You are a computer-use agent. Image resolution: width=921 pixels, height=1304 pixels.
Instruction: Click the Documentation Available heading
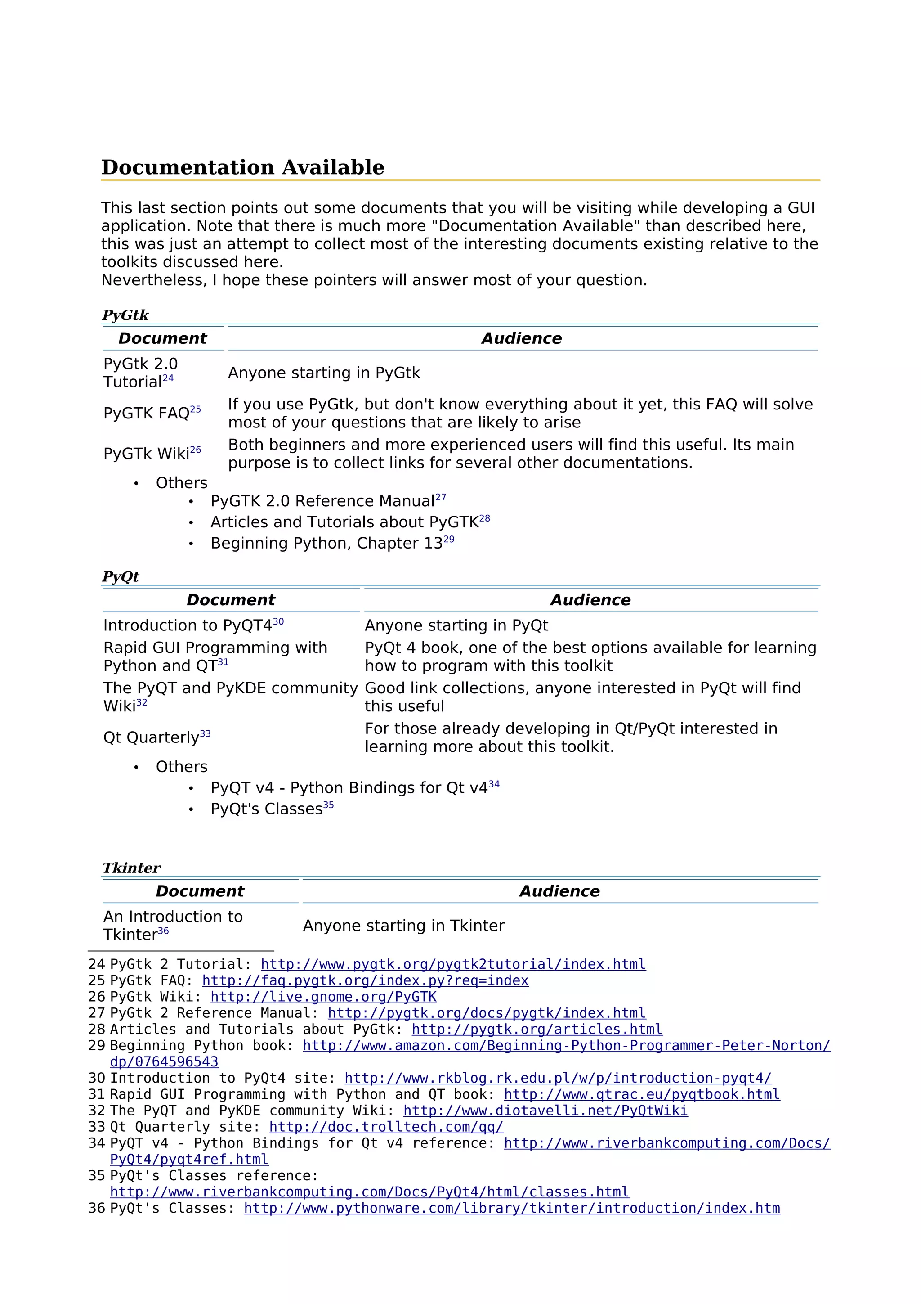pos(242,167)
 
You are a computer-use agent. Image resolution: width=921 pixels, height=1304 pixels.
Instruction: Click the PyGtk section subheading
pos(125,315)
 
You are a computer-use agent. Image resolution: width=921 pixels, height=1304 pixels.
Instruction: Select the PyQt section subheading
pos(121,576)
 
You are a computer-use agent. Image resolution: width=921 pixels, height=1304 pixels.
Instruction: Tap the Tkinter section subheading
pos(131,868)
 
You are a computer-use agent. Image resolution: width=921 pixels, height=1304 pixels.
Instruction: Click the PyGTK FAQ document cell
pos(152,413)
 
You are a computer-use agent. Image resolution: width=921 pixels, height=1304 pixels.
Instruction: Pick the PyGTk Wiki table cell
pos(152,453)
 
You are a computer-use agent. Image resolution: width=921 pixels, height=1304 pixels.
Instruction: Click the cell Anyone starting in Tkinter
pos(403,926)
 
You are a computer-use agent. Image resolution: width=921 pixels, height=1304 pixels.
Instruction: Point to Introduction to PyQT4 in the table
pos(193,625)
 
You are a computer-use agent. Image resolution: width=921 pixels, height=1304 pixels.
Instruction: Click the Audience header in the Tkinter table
pos(559,891)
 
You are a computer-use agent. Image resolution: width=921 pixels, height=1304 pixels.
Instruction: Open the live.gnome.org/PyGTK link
pos(323,997)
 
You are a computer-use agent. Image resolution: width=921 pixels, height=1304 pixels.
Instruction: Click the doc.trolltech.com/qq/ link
pos(386,1127)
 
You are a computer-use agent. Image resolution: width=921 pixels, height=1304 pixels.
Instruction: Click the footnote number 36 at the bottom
pos(97,1208)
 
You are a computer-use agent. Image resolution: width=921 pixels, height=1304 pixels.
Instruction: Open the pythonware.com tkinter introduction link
pos(512,1208)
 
